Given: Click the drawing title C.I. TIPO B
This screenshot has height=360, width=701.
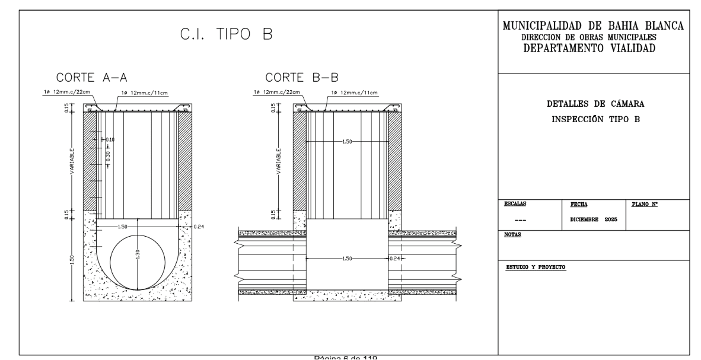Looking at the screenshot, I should click(x=226, y=35).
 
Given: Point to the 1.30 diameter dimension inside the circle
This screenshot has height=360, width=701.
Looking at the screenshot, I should click(x=137, y=253).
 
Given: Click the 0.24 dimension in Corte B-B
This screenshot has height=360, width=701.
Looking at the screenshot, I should click(x=396, y=258).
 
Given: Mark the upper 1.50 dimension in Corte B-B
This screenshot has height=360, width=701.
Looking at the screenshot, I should click(x=348, y=142).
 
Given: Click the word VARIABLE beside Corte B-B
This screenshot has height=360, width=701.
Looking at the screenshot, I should click(x=278, y=160).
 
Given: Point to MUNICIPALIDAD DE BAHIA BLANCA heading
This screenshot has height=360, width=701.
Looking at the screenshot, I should click(x=592, y=27).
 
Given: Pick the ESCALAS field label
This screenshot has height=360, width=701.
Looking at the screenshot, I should click(x=514, y=203).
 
